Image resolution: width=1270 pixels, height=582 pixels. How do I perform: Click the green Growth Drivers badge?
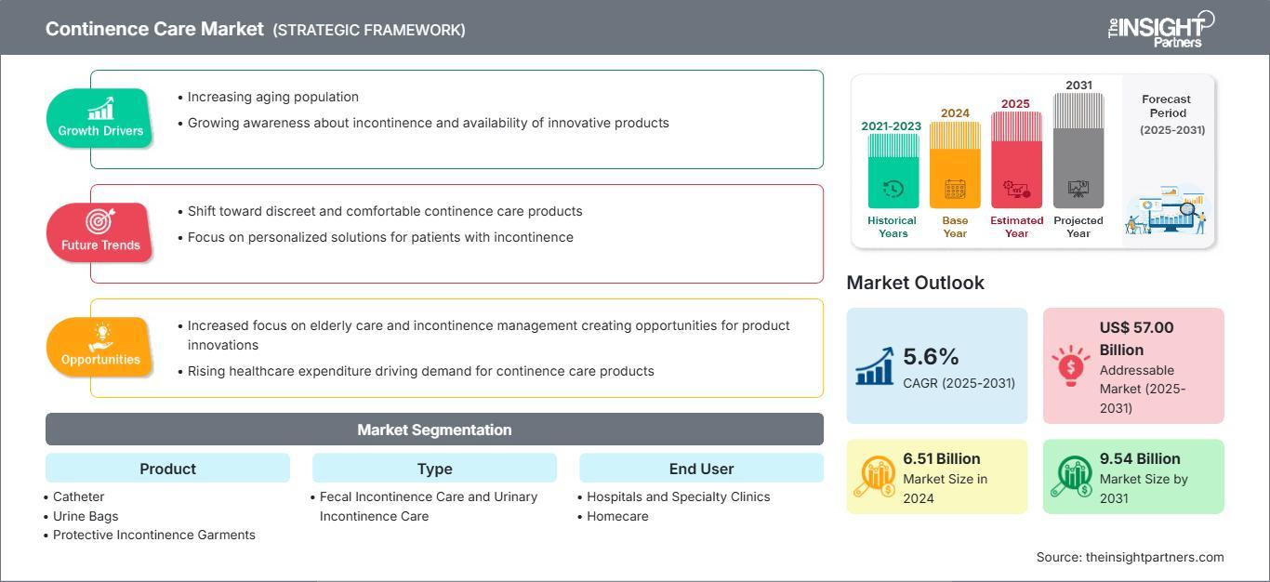(99, 118)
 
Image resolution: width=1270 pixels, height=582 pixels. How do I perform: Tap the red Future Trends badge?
(99, 232)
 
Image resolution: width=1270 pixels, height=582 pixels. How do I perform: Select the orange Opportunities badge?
(99, 347)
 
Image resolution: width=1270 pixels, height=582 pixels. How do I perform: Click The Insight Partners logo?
(1160, 29)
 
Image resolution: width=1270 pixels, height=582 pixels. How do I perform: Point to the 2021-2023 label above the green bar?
(892, 126)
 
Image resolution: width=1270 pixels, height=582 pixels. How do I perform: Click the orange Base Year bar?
(955, 165)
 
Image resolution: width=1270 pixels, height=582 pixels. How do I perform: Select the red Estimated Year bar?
(1016, 160)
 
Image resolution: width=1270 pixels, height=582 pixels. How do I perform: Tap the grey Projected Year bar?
(1078, 151)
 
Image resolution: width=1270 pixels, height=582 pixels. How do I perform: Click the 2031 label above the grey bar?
(1078, 85)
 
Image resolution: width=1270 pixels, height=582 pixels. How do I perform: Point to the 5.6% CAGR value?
(931, 356)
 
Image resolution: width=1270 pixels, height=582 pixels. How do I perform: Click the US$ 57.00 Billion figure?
(1137, 338)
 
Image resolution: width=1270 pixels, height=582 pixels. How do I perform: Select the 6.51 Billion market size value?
(942, 458)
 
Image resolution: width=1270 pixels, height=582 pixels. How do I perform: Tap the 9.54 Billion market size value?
(1140, 458)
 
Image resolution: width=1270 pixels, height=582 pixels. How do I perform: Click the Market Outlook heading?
(915, 283)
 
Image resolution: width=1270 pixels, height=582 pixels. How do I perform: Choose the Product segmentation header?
(168, 468)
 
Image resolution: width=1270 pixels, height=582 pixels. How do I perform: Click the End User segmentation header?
(701, 468)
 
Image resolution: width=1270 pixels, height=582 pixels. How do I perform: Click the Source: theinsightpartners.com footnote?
(1130, 557)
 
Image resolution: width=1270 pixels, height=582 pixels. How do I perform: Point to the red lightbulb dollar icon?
(1070, 365)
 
